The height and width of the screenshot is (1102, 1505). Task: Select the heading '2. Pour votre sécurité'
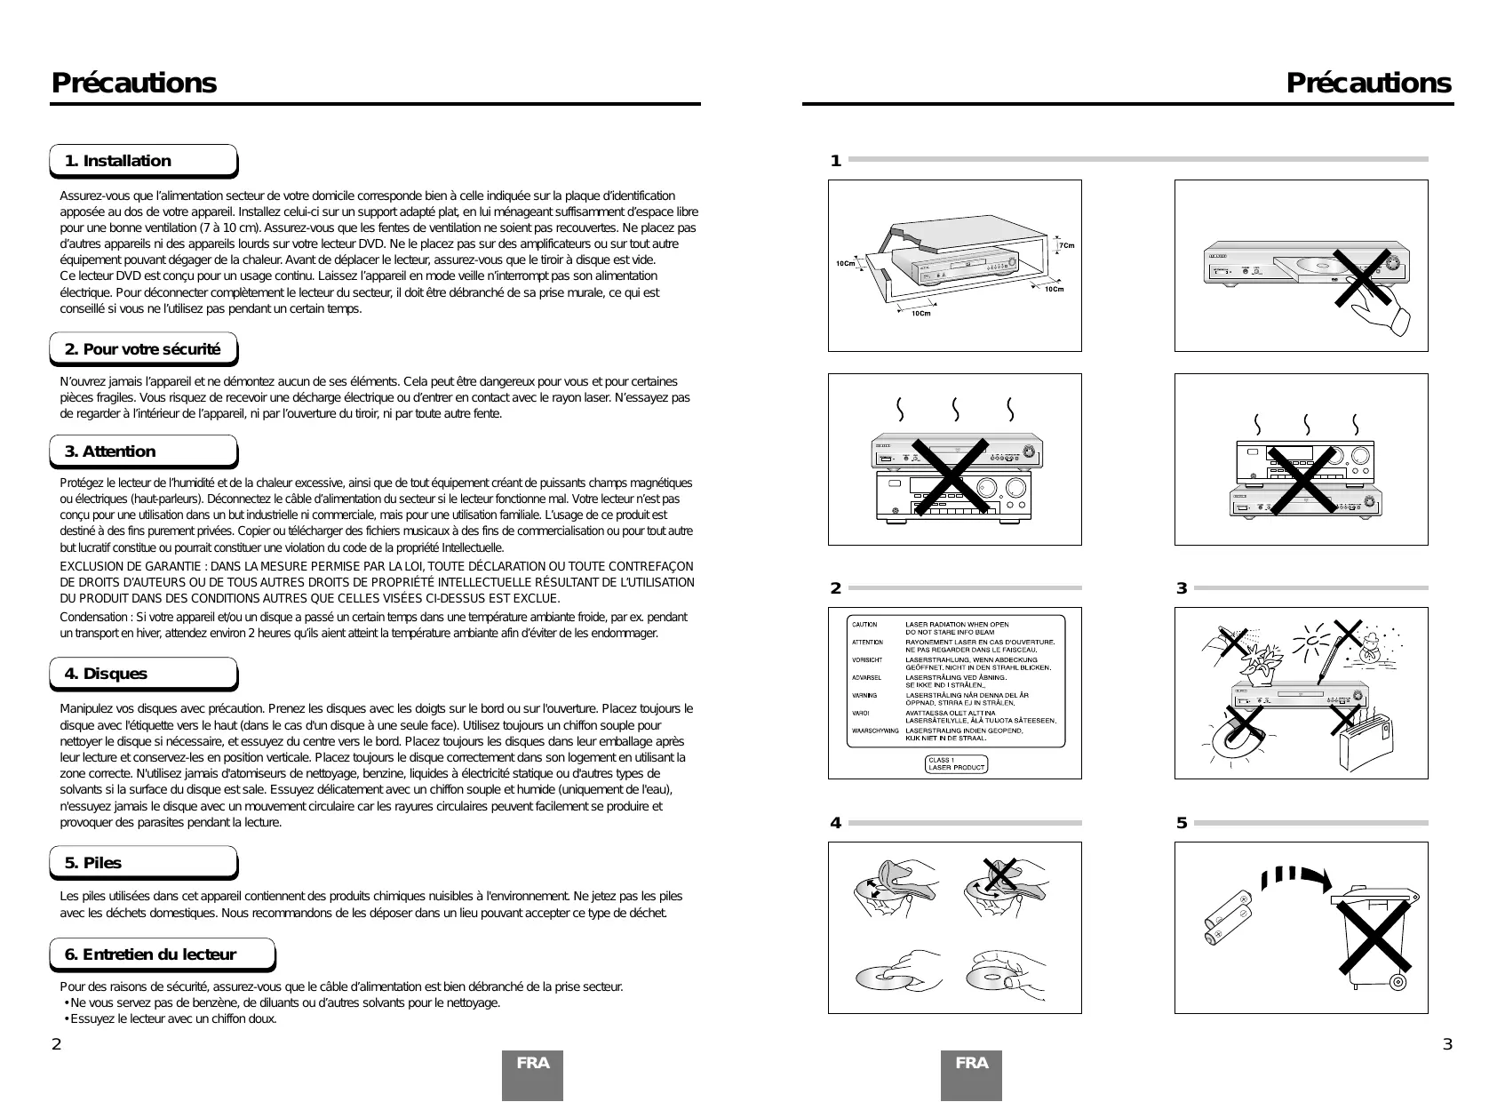point(142,349)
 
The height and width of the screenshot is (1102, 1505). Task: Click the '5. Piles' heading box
point(142,863)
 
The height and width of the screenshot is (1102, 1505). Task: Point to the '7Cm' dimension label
point(1066,245)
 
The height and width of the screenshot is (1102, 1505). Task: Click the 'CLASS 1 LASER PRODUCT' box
point(956,764)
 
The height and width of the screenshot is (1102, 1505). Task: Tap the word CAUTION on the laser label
point(864,625)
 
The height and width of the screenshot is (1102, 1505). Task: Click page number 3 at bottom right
point(1446,1044)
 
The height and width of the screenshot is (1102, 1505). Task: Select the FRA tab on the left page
point(532,1064)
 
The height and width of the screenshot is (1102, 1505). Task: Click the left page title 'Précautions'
point(133,83)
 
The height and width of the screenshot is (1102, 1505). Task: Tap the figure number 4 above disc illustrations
point(835,823)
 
